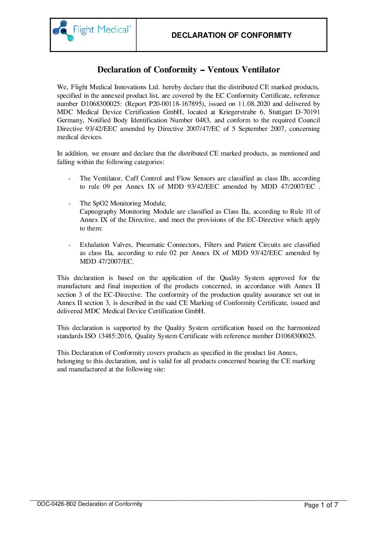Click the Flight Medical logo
coord(92,31)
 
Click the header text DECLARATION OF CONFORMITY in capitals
coord(231,35)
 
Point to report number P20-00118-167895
coord(177,104)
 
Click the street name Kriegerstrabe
coord(237,112)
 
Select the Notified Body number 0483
coord(203,120)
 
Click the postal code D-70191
coord(308,112)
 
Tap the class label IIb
coord(284,178)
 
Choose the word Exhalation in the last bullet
coord(94,245)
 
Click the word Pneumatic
coord(150,245)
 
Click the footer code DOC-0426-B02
coord(57,504)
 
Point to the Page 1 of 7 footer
coord(321,505)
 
